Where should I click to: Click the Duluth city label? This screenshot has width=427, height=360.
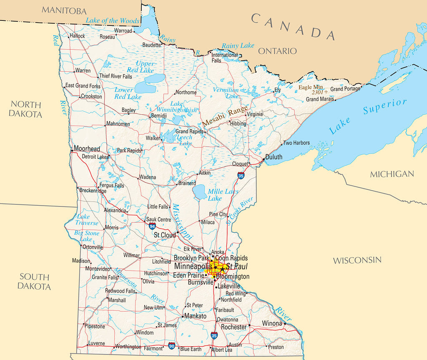(274, 157)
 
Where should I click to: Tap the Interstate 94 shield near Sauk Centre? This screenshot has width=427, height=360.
(152, 226)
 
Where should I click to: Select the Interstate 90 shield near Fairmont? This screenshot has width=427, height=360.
(172, 345)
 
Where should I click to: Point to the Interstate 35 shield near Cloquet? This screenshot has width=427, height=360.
(241, 176)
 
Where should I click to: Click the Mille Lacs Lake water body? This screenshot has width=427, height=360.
(200, 192)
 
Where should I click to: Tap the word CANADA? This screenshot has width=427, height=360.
(293, 26)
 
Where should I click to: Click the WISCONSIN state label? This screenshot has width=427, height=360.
(357, 260)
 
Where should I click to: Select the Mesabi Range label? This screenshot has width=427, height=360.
(225, 116)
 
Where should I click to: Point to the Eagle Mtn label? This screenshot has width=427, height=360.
(311, 87)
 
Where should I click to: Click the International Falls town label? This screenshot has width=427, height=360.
(224, 58)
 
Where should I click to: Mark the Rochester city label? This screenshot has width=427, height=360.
(234, 327)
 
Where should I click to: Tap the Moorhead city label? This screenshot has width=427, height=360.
(87, 149)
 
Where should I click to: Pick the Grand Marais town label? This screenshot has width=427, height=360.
(320, 99)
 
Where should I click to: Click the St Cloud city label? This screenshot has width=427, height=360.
(165, 235)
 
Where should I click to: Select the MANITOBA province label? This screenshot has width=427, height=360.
(64, 11)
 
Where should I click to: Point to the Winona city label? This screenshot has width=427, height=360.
(272, 323)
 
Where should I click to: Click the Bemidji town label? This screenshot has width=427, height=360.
(159, 116)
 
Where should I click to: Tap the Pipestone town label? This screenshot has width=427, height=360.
(95, 326)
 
